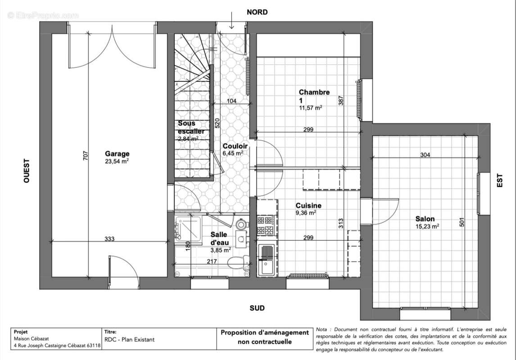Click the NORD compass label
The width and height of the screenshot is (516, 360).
click(x=257, y=12)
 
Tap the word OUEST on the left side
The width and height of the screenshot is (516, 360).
click(x=27, y=171)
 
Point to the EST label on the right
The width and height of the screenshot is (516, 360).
click(x=499, y=181)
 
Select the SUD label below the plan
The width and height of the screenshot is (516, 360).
click(x=257, y=308)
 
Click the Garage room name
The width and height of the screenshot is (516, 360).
click(x=117, y=153)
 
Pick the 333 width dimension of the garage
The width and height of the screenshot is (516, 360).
click(x=109, y=239)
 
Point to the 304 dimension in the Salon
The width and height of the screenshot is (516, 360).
click(x=425, y=155)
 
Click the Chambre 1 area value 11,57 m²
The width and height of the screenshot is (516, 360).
click(x=310, y=108)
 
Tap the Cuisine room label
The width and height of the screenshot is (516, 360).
click(x=308, y=206)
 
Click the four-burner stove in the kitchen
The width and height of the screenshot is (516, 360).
click(x=266, y=225)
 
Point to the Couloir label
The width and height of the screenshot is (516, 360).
click(x=235, y=146)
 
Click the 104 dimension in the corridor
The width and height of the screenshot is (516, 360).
click(x=231, y=101)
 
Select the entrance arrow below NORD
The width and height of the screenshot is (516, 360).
click(x=231, y=19)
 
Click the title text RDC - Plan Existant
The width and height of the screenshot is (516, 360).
click(x=130, y=340)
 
